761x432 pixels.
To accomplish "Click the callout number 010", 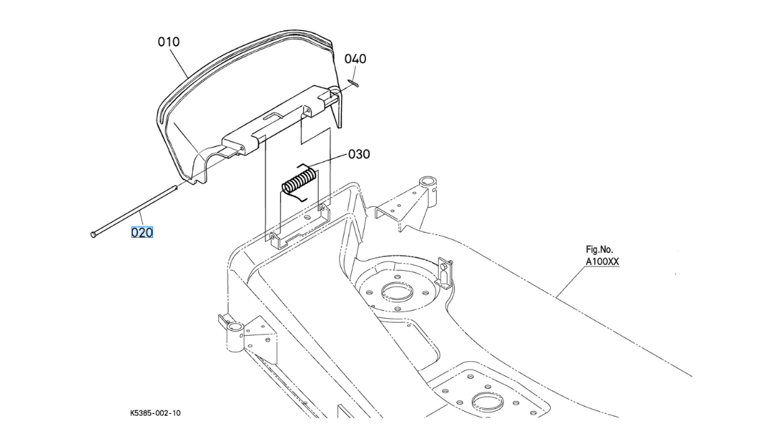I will (169, 42).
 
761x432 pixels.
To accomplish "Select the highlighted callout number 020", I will (142, 233).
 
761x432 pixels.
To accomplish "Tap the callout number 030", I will (359, 154).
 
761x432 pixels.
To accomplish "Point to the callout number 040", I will (355, 59).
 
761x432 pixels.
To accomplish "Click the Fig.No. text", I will (599, 250).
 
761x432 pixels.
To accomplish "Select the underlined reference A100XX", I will (602, 261).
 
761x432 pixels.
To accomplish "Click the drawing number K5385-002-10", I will (155, 413).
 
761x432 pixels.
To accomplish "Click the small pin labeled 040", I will (354, 83).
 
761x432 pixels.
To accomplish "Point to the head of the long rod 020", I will (92, 234).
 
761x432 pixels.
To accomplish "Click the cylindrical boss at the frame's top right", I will (426, 183).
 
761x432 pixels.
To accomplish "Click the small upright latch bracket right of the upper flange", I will (445, 269).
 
